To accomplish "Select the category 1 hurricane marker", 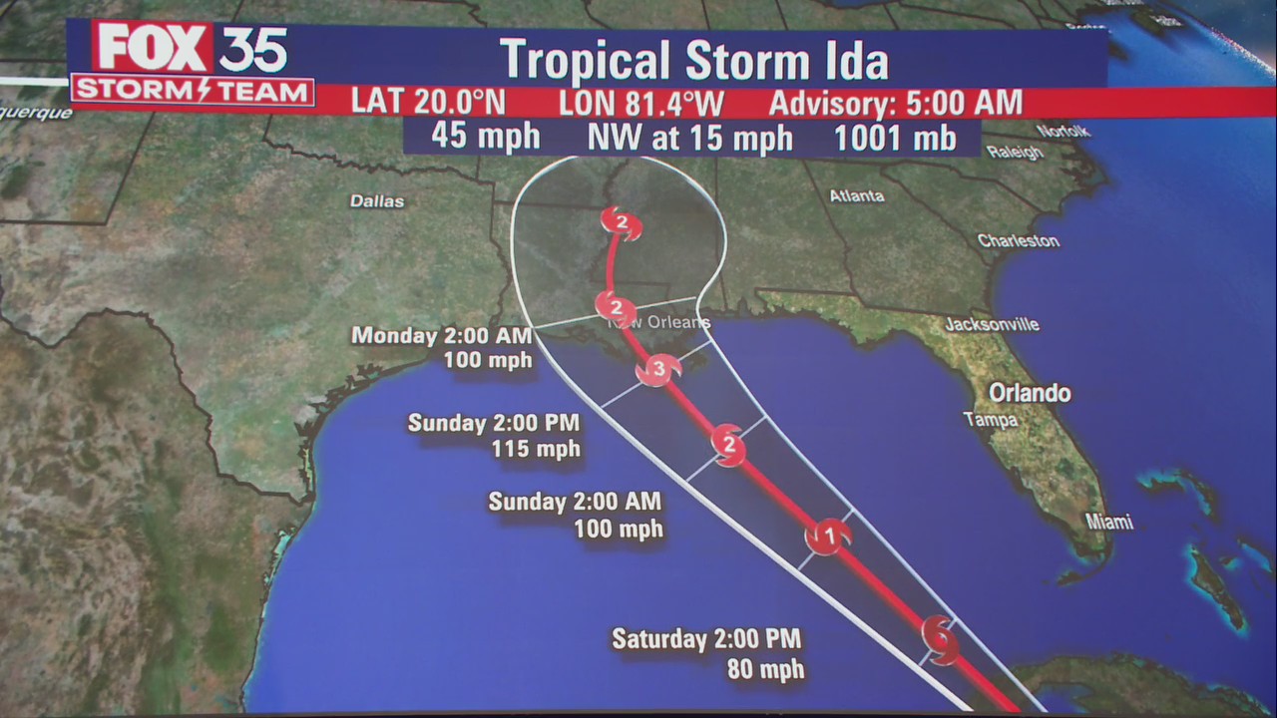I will (828, 537).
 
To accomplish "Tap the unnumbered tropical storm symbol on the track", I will (940, 637).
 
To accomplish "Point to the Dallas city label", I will (377, 201).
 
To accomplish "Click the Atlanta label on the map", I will (857, 196).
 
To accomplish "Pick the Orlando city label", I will (1030, 393).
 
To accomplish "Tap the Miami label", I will (1109, 523).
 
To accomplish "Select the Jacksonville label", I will (992, 324).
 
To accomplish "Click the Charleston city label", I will (1018, 240).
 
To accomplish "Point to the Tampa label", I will (991, 420).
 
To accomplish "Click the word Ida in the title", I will (850, 61).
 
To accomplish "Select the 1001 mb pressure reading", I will (895, 138).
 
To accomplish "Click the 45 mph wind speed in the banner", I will (486, 137).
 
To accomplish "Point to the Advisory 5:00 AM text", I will (896, 103).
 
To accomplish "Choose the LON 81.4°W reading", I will (640, 103).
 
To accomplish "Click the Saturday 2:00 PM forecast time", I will (706, 638).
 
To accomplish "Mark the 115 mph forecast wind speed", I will (536, 449).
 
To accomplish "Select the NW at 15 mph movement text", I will (689, 138).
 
